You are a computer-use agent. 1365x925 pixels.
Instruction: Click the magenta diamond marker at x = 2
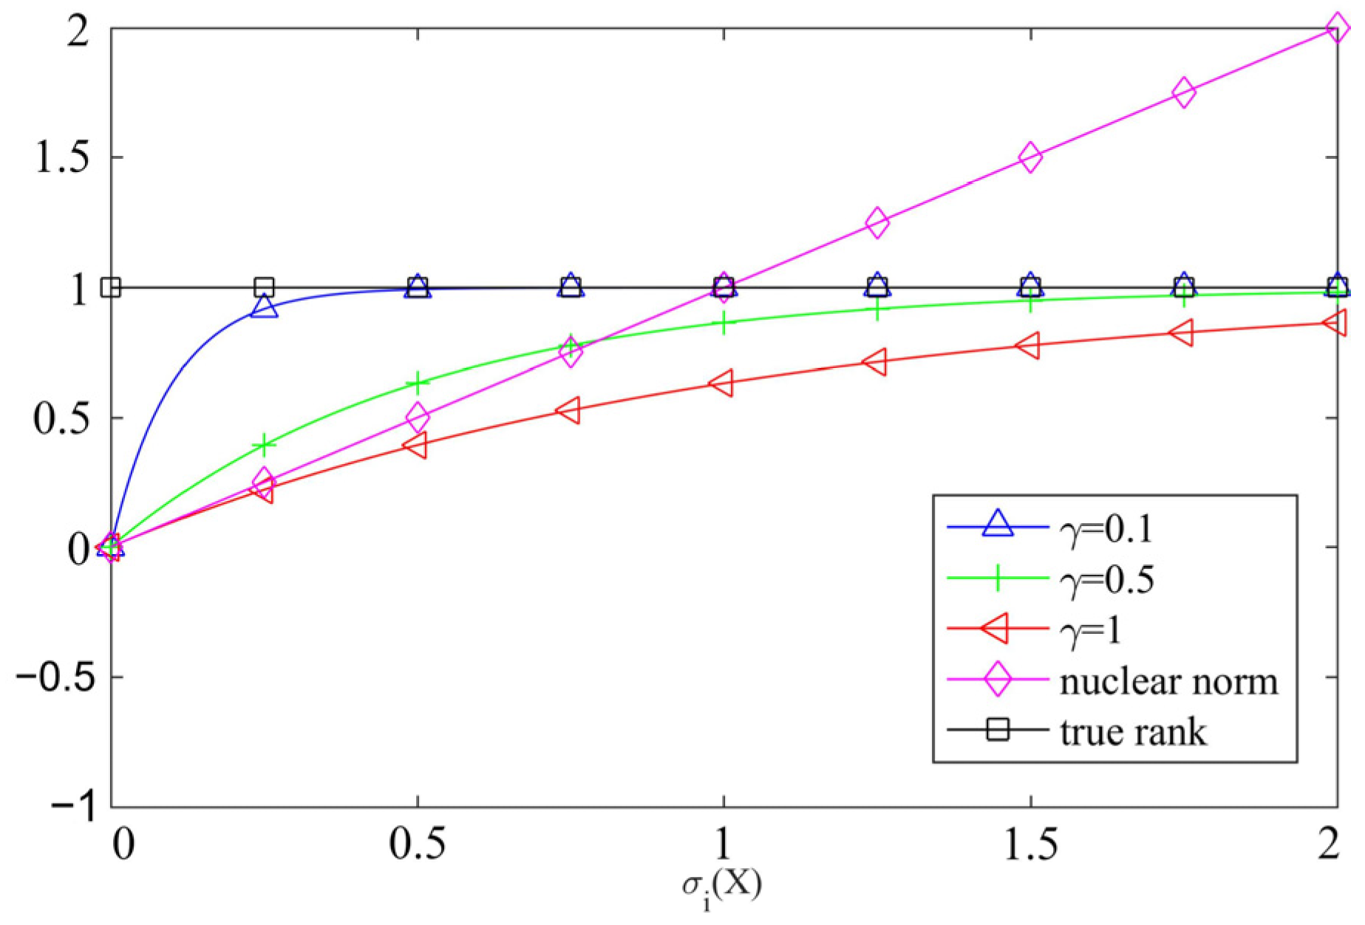pyautogui.click(x=1336, y=29)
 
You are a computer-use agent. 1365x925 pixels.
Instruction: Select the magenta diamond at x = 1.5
pyautogui.click(x=1030, y=157)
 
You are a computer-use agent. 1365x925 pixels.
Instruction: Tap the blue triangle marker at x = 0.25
pyautogui.click(x=264, y=306)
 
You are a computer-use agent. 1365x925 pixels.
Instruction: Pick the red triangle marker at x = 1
pyautogui.click(x=722, y=383)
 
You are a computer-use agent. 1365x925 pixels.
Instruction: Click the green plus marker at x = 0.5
pyautogui.click(x=418, y=383)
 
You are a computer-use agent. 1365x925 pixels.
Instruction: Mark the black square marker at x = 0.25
pyautogui.click(x=264, y=287)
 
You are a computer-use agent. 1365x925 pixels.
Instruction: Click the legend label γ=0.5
pyautogui.click(x=1106, y=580)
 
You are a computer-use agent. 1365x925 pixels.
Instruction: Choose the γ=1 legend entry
pyautogui.click(x=1091, y=631)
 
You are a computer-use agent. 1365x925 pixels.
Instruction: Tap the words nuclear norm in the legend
pyautogui.click(x=1168, y=681)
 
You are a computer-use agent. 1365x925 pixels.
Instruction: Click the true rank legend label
pyautogui.click(x=1133, y=732)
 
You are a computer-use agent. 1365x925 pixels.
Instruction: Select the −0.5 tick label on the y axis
pyautogui.click(x=55, y=677)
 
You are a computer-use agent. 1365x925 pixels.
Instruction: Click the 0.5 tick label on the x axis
pyautogui.click(x=418, y=843)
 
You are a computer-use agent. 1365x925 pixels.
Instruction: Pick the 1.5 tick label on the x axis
pyautogui.click(x=1030, y=843)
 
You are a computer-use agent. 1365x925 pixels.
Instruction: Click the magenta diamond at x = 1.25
pyautogui.click(x=876, y=222)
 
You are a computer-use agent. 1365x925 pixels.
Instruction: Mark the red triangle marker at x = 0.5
pyautogui.click(x=416, y=445)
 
